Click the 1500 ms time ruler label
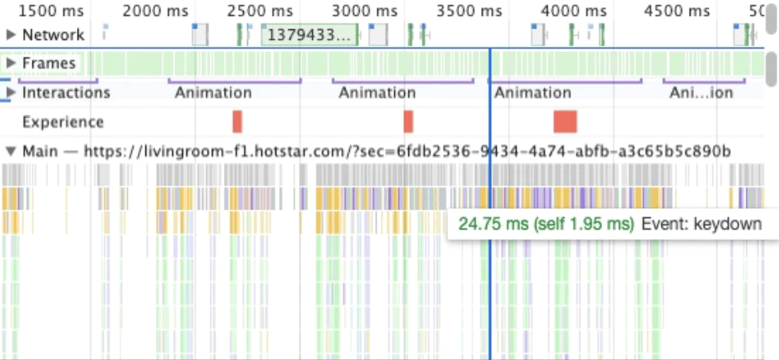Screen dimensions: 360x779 point(52,11)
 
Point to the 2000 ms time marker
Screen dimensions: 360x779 point(155,11)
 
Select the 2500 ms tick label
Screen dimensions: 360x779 point(260,11)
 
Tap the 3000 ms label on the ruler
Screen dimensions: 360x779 point(364,11)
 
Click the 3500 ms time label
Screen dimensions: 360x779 point(468,11)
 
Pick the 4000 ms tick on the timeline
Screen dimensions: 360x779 point(573,11)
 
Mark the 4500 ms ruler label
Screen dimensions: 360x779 point(677,11)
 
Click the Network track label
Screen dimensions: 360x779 point(53,35)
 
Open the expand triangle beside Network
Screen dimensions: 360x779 point(11,35)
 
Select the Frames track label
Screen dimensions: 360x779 point(49,63)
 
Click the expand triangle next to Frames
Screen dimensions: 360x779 point(11,63)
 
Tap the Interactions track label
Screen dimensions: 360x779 point(63,93)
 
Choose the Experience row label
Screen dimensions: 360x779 point(63,122)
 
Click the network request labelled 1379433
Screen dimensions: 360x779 point(308,35)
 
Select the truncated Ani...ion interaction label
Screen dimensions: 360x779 point(701,93)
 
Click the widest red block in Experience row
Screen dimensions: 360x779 point(565,121)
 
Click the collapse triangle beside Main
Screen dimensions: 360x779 point(11,151)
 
